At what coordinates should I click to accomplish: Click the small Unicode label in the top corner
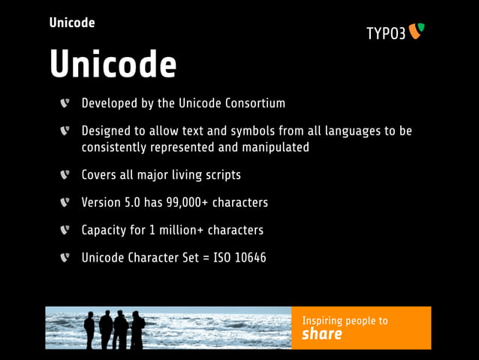click(x=72, y=23)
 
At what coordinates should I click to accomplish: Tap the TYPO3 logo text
click(x=385, y=34)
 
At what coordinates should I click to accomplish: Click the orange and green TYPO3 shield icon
click(x=417, y=31)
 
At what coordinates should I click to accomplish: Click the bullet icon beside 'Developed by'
click(x=65, y=103)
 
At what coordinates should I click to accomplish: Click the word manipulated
click(x=273, y=147)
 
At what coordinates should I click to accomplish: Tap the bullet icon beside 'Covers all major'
click(x=65, y=175)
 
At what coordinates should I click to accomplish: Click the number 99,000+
click(x=172, y=203)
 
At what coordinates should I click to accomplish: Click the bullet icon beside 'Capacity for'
click(x=65, y=230)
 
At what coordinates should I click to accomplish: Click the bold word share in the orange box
click(x=321, y=334)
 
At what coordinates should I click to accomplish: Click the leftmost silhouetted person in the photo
click(x=90, y=328)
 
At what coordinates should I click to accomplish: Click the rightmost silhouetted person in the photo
click(x=138, y=328)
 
